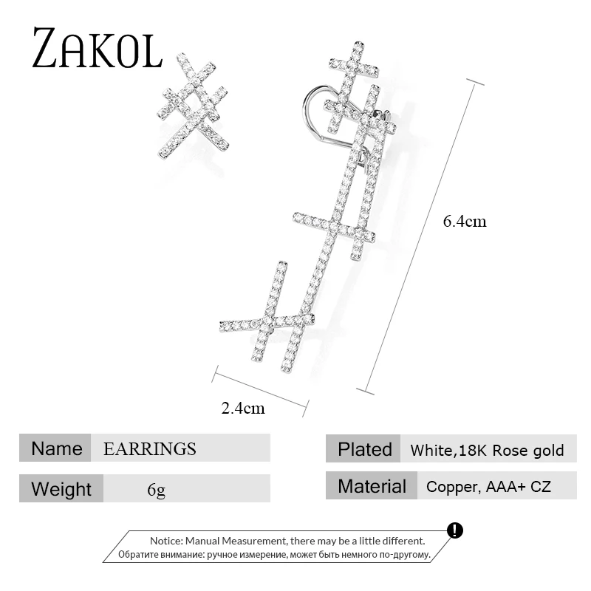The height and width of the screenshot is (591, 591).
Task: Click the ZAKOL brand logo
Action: [96, 48]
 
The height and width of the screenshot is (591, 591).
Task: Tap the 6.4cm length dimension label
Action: [465, 221]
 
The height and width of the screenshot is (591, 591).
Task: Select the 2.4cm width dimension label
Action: [243, 408]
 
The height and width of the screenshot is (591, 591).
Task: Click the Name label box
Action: [56, 448]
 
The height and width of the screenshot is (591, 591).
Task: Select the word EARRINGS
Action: [150, 448]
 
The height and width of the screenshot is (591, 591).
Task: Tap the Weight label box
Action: [61, 489]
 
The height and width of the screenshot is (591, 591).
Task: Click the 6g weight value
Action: [156, 489]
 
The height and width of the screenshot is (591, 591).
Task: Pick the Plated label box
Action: [364, 449]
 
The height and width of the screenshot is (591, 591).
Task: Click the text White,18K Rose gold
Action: [487, 450]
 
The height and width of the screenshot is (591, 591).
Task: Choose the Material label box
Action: [372, 486]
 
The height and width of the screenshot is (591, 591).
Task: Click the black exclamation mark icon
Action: [455, 530]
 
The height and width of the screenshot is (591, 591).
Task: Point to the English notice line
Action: [287, 541]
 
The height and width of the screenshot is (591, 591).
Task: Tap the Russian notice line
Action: [273, 554]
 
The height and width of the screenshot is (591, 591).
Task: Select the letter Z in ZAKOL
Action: [47, 49]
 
